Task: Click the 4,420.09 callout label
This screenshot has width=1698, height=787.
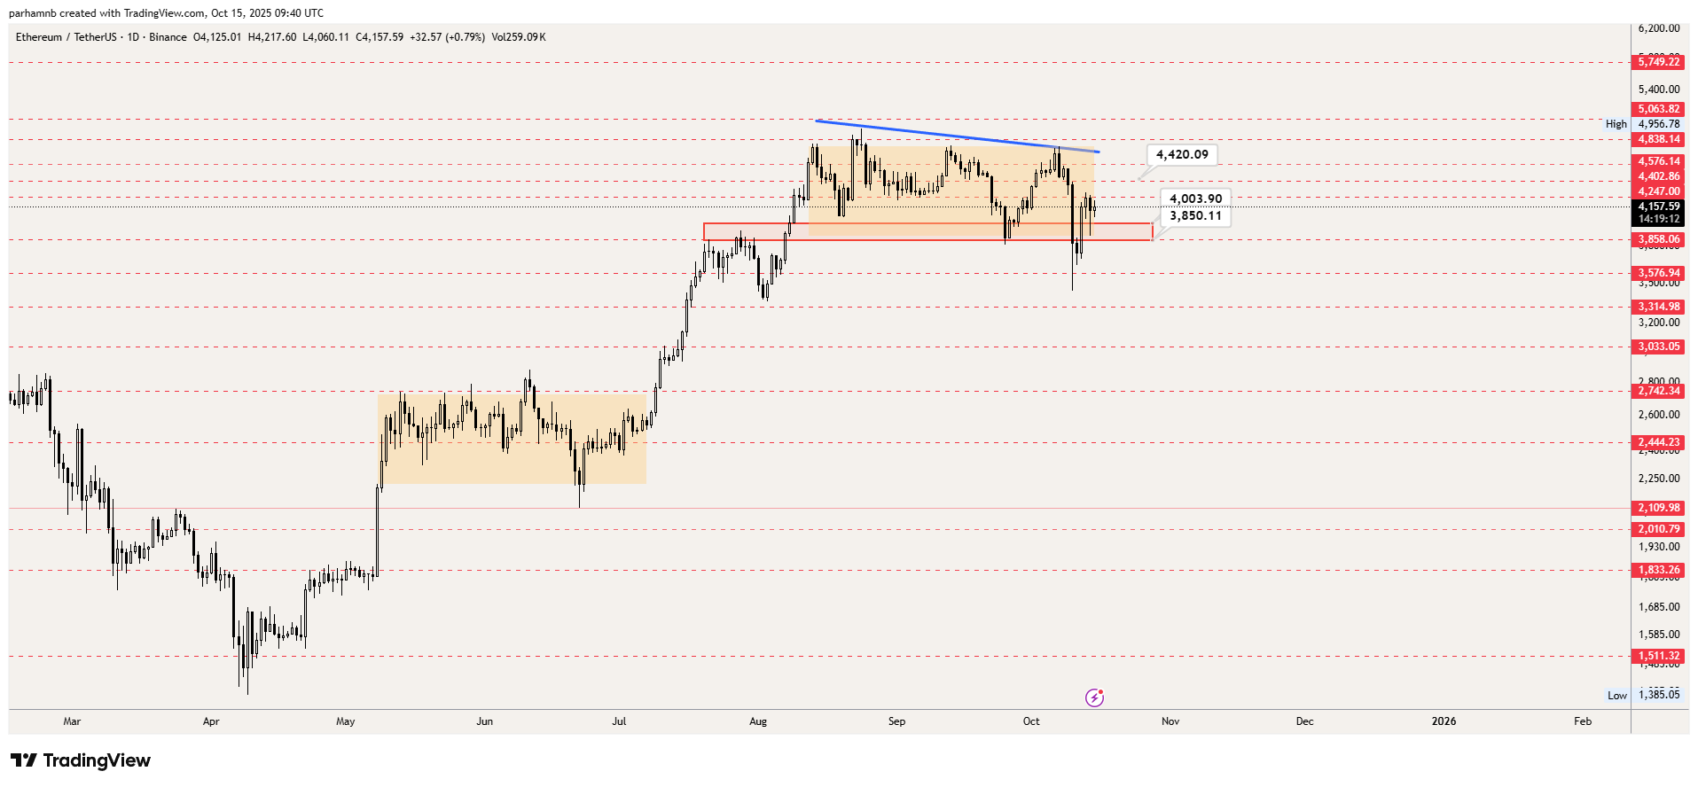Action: pyautogui.click(x=1182, y=155)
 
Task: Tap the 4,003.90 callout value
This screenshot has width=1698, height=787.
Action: pyautogui.click(x=1195, y=199)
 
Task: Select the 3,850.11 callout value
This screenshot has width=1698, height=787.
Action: pyautogui.click(x=1195, y=216)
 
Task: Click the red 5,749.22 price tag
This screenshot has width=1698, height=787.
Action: pyautogui.click(x=1658, y=62)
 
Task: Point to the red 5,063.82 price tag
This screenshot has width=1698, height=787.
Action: pyautogui.click(x=1658, y=110)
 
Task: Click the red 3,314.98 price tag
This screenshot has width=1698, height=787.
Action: pyautogui.click(x=1658, y=308)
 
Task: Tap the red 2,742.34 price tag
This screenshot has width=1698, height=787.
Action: pyautogui.click(x=1658, y=391)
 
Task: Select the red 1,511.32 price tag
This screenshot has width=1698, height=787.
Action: pyautogui.click(x=1658, y=657)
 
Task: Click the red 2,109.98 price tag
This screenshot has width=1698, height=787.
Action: pyautogui.click(x=1658, y=509)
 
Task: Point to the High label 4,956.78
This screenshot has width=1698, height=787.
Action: pyautogui.click(x=1658, y=125)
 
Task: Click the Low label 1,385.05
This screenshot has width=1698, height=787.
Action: pyautogui.click(x=1658, y=696)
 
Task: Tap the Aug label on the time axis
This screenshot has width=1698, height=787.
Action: pyautogui.click(x=758, y=721)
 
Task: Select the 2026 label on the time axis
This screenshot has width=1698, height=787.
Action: pyautogui.click(x=1444, y=721)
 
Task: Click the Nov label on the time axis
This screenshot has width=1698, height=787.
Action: pyautogui.click(x=1170, y=721)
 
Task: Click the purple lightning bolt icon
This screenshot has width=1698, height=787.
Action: pyautogui.click(x=1095, y=698)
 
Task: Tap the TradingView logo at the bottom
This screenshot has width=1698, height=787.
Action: pyautogui.click(x=81, y=760)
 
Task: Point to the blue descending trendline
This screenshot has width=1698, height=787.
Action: pyautogui.click(x=958, y=136)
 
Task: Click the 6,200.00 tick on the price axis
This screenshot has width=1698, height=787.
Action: pyautogui.click(x=1658, y=28)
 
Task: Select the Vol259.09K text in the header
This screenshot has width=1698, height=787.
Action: pyautogui.click(x=519, y=37)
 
